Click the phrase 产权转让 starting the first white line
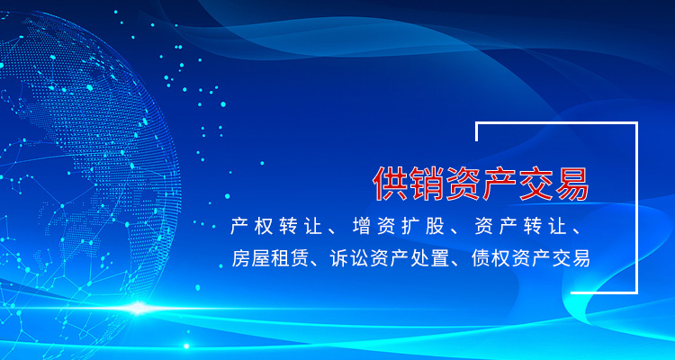(276, 227)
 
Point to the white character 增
(360, 227)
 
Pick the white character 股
(436, 227)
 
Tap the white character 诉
(338, 258)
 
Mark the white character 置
(439, 258)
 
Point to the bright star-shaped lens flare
(138, 308)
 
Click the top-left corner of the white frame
(476, 123)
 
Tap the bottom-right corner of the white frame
(636, 292)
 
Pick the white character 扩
(410, 227)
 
